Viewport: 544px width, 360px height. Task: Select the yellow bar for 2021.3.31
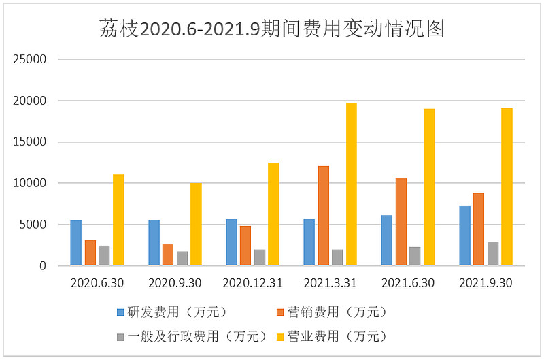[351, 184]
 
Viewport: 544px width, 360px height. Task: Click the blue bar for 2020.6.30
[76, 243]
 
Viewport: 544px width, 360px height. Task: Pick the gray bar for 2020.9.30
[182, 259]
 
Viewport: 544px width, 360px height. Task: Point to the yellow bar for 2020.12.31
[273, 214]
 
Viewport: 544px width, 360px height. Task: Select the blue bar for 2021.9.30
[465, 235]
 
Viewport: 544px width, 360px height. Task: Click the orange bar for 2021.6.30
[401, 222]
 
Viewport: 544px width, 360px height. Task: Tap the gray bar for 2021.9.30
[493, 253]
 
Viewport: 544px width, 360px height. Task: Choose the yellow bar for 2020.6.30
[118, 220]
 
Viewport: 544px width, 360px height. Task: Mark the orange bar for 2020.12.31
[245, 246]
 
